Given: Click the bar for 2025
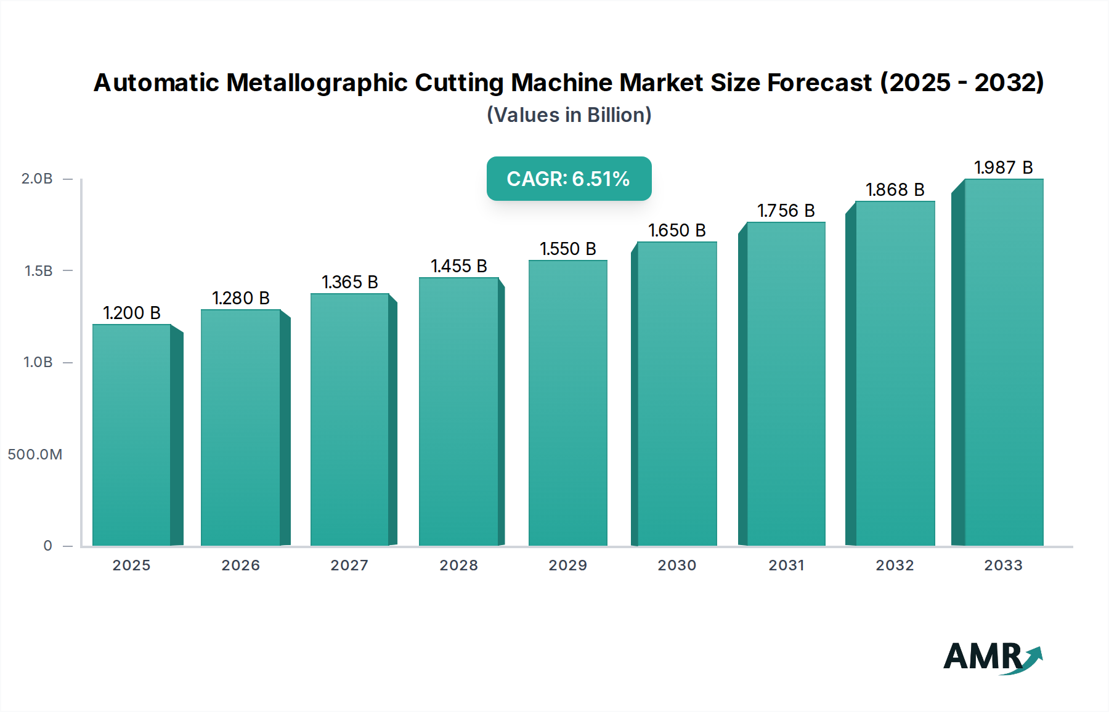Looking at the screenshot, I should point(132,435).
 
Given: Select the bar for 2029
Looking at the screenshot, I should point(567,403).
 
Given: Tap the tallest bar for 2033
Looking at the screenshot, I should point(1003,362).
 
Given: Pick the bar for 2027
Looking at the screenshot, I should point(349,419).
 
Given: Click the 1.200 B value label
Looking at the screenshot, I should point(132,313).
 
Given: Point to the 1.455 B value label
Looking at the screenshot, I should point(459,266).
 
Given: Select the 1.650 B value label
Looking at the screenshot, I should point(676,230).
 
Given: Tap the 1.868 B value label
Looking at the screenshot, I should point(895,190).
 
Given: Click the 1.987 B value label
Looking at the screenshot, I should point(1003,168).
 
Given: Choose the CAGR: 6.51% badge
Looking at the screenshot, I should point(569,179).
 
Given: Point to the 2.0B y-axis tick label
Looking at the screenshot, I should point(37,179).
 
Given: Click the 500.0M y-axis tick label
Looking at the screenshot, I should point(35,455).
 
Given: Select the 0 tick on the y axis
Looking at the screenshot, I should point(47,546).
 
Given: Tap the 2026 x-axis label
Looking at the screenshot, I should point(240,565).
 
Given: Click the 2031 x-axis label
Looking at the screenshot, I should point(786,565).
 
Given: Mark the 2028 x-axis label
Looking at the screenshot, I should point(458,565).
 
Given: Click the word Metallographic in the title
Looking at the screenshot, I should point(317,83).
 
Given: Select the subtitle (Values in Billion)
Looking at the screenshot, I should point(569,115).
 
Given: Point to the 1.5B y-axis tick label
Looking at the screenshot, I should point(38,271).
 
